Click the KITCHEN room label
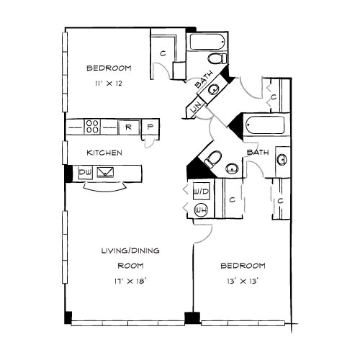click(104, 153)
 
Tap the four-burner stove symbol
click(92, 127)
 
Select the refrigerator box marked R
click(129, 127)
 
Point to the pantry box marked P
click(150, 127)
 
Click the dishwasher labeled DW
click(86, 172)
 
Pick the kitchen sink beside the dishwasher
click(105, 172)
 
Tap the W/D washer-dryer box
click(202, 192)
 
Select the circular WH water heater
click(201, 210)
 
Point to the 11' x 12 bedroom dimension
click(109, 84)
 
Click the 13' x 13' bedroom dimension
click(242, 281)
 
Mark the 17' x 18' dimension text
click(130, 281)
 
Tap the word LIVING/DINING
click(130, 251)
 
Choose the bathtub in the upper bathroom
click(207, 42)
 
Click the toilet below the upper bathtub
click(217, 58)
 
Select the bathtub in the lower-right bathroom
click(265, 125)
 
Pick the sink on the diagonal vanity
click(213, 89)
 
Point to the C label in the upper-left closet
click(163, 53)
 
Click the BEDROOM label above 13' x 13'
click(243, 266)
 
